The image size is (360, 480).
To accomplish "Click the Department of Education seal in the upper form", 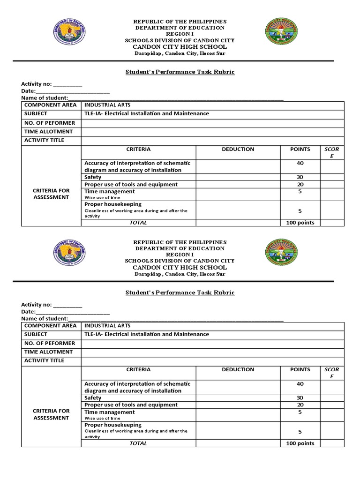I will coord(69,36).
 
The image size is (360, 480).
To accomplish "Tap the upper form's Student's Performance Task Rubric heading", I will coord(180,72).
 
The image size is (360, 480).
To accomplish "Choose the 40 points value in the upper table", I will coord(300,163).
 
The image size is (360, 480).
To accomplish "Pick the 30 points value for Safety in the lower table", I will coord(300,397).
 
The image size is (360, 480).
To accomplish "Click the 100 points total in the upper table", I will coord(300,223).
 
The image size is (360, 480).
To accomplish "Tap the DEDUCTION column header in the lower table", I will coord(238,369).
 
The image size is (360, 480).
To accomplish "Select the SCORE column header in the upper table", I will coord(331,152).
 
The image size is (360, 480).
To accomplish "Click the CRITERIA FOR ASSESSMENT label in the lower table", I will coord(51,414).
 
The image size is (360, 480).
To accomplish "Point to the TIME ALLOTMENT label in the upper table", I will coord(49,132).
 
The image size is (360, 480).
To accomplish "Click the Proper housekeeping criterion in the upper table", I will coord(113,204).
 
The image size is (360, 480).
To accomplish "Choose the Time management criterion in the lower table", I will coord(110,412).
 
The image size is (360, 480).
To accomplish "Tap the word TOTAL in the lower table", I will coord(138,443).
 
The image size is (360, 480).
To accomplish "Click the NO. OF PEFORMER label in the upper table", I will coord(50,123).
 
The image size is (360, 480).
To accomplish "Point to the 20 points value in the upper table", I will coord(300,184).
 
